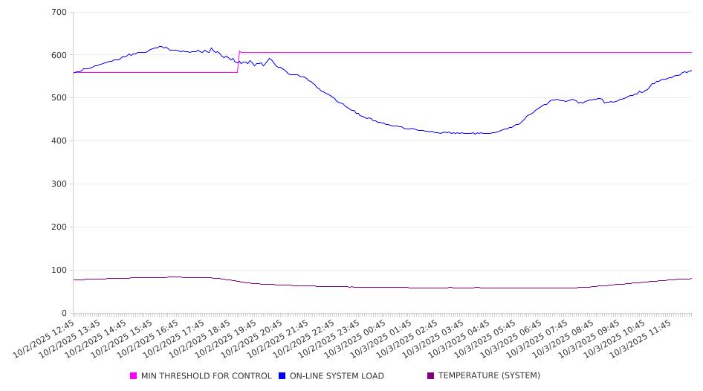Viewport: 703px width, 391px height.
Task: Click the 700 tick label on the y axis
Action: coord(59,13)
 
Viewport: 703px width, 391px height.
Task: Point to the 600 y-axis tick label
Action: coord(59,55)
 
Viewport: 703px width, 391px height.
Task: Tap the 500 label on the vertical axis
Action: coord(59,98)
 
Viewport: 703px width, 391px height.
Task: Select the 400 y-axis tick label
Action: coord(59,141)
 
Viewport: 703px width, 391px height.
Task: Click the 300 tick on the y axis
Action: coord(59,184)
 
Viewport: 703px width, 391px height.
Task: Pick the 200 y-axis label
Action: coord(59,227)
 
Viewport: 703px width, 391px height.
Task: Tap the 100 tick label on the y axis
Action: coord(59,270)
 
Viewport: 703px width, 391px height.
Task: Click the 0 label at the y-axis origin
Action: coord(65,313)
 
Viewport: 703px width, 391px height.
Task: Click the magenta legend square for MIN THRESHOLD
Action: coord(134,376)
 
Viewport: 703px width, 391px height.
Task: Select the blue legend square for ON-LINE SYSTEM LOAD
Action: coord(282,376)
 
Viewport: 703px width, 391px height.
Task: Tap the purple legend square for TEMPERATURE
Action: coord(430,376)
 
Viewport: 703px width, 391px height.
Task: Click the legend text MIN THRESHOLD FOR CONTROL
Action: coord(206,376)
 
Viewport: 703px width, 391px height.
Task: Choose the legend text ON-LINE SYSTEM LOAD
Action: coord(337,376)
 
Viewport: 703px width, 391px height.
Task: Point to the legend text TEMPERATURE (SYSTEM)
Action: coord(489,376)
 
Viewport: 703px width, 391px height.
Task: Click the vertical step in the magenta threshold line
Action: coord(238,62)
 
